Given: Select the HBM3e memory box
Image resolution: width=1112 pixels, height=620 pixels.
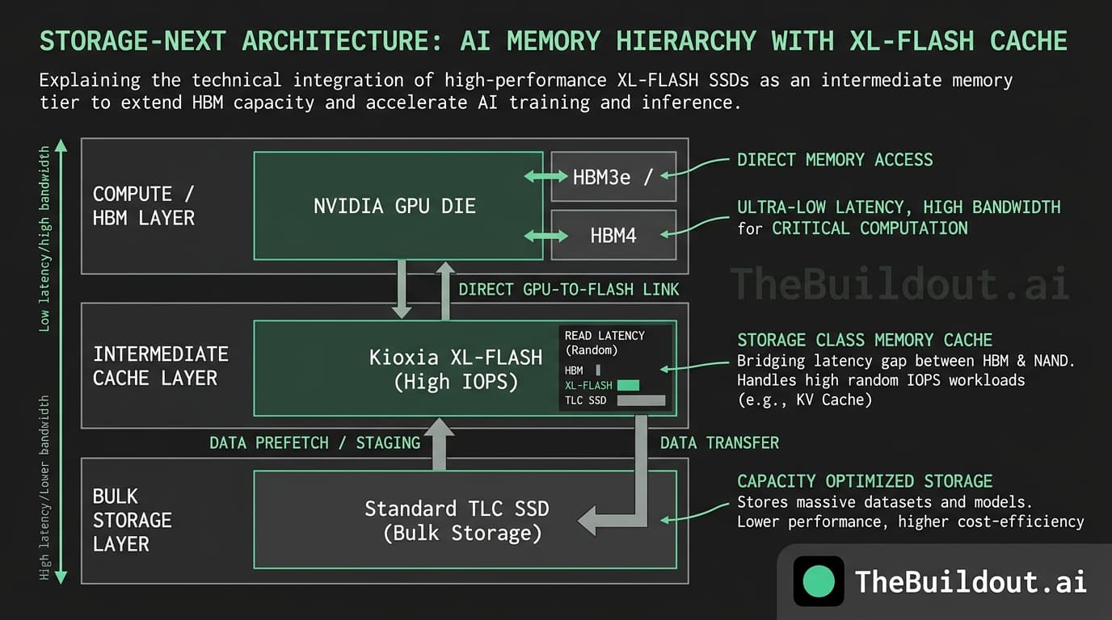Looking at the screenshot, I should coord(613,177).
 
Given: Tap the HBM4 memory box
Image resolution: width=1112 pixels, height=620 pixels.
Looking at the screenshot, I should coord(613,236).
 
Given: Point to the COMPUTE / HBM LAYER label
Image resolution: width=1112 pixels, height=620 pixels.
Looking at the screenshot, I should coord(144,206).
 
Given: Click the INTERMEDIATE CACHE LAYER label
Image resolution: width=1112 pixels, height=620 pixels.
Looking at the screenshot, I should coord(160,366).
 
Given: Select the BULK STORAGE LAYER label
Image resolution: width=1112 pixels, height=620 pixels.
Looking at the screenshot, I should coord(132,520).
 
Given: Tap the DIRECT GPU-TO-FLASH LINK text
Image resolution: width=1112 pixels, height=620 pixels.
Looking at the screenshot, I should coord(568,289).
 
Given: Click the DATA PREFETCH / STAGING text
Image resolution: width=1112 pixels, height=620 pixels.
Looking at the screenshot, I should coord(314,442).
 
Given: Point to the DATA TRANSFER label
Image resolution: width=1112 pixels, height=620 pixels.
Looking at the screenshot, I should coord(719,442).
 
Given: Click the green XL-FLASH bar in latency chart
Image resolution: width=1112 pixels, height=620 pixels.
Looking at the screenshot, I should coord(627,385).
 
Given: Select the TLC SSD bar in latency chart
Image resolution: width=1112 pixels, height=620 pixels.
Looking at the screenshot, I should coord(641,400).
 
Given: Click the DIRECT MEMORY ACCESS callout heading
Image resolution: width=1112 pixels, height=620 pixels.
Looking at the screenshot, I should coord(834,160).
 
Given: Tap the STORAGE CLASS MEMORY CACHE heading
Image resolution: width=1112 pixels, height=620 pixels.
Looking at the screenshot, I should coord(864,340).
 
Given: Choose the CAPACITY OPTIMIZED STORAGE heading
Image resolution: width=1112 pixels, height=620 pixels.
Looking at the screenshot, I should coord(864,481).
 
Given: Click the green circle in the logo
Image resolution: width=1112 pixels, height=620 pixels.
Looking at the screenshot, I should coord(819,581).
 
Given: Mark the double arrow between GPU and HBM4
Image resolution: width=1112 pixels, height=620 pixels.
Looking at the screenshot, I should coord(546,236).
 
